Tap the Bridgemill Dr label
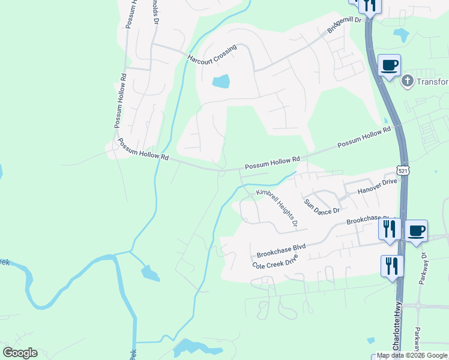tap(345, 25)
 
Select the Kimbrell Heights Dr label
tap(277, 208)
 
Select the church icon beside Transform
tap(407, 81)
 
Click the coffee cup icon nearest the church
tap(390, 65)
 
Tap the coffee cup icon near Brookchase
tap(416, 230)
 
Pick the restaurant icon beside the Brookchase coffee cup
tap(390, 229)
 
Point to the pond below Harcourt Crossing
tap(221, 81)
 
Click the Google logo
tap(20, 353)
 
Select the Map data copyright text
tap(412, 356)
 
